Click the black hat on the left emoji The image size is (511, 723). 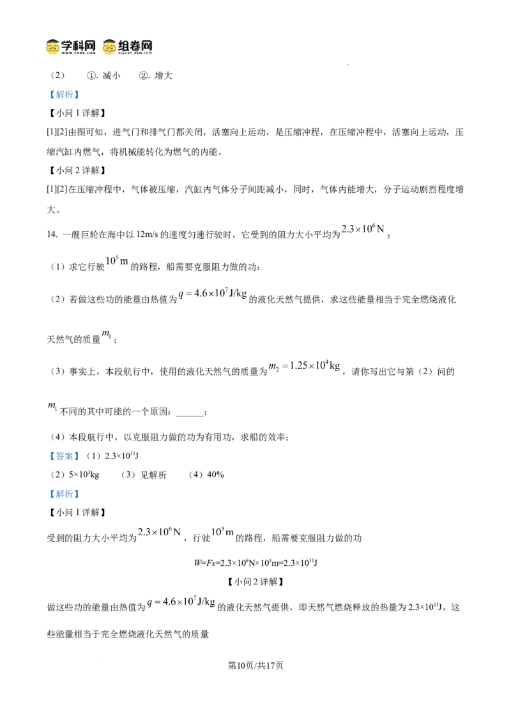[54, 39]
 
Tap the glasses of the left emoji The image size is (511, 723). [54, 47]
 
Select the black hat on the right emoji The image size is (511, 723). [110, 39]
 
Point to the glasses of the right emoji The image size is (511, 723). [110, 47]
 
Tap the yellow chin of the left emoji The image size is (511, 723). [54, 53]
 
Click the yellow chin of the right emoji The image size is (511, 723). [110, 53]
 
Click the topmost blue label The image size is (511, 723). [64, 95]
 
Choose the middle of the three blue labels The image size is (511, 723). [64, 457]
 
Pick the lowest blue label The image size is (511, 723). [64, 494]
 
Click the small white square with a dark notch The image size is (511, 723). [184, 420]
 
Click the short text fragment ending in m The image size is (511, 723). [222, 531]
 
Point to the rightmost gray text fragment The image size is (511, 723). [361, 231]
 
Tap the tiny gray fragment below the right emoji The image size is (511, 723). [114, 259]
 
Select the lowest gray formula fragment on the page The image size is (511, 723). [182, 601]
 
